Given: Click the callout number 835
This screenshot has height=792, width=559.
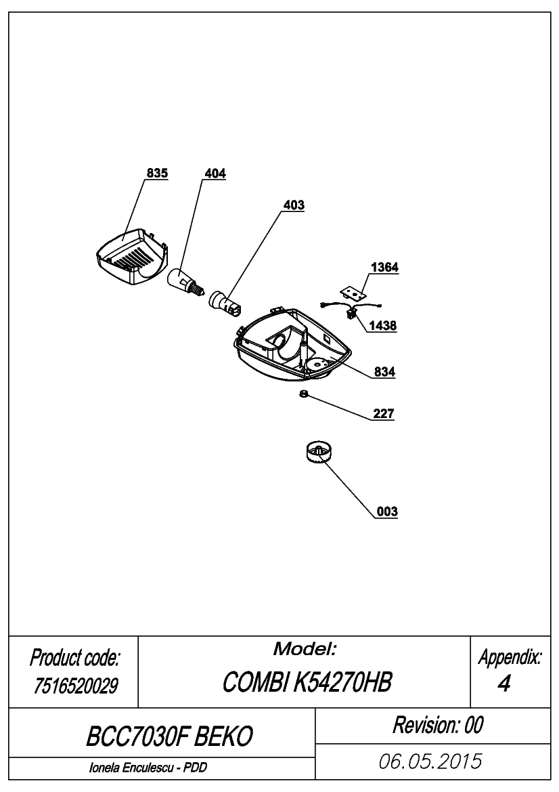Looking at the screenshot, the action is click(x=157, y=173).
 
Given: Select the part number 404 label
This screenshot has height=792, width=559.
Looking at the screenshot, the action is click(x=215, y=173).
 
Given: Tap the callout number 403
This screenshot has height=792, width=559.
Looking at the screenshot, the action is click(x=294, y=205).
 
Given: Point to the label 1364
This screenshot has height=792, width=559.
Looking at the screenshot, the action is click(x=384, y=267).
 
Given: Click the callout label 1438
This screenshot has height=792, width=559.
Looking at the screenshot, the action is click(x=382, y=326).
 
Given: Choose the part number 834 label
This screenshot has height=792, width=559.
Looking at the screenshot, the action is click(x=384, y=372).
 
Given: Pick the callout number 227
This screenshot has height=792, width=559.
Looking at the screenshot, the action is click(x=384, y=414).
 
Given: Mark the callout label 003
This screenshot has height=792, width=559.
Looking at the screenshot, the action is click(x=387, y=512).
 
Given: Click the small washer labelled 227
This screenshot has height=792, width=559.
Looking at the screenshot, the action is click(x=304, y=394).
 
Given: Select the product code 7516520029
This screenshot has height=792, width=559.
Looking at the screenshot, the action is click(x=76, y=686).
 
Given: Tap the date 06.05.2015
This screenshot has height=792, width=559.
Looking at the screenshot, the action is click(x=430, y=762).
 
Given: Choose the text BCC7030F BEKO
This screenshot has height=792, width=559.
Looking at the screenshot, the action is click(x=169, y=737).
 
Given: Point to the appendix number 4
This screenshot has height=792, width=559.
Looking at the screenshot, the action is click(x=504, y=684).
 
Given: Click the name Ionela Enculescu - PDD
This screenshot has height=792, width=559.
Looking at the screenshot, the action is click(x=148, y=768).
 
